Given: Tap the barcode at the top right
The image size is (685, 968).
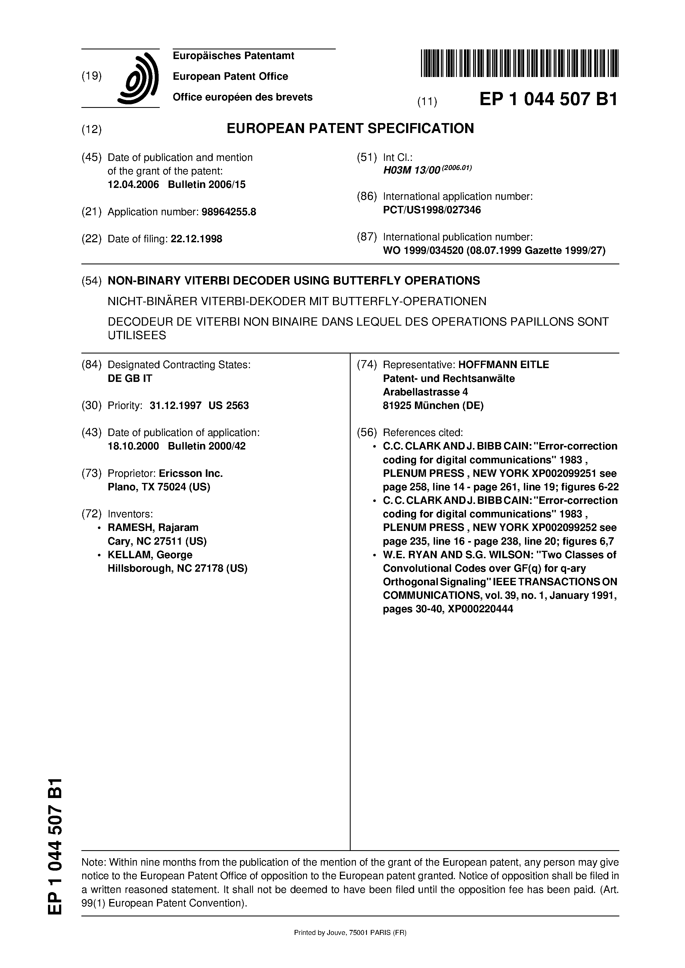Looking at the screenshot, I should click(x=519, y=63).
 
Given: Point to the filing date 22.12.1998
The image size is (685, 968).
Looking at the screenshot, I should click(x=196, y=239).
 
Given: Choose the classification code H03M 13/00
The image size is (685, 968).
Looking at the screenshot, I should click(x=412, y=171).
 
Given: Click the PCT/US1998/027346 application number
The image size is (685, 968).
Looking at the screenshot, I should click(x=431, y=210).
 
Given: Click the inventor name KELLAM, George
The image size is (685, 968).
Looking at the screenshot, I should click(x=150, y=555).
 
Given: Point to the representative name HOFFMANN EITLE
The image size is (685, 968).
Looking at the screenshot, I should click(x=504, y=365).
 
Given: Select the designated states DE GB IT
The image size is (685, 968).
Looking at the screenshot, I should click(x=130, y=378).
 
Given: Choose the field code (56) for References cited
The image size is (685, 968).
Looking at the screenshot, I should click(x=367, y=433).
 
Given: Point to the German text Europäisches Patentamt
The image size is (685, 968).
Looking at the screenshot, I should click(x=233, y=56).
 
